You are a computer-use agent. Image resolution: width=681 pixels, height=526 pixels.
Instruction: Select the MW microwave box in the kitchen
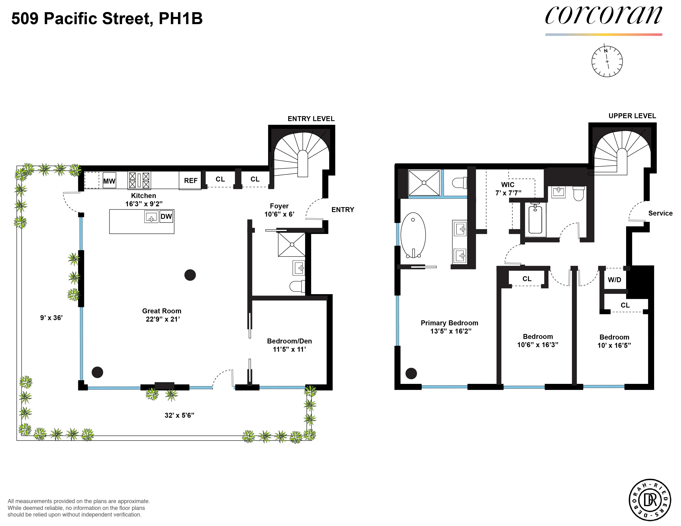tap(109, 181)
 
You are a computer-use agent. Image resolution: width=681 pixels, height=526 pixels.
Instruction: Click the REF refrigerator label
tap(190, 181)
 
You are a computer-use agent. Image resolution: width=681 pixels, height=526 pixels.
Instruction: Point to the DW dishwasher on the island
tap(166, 217)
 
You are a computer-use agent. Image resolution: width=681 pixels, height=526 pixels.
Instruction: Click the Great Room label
tap(162, 311)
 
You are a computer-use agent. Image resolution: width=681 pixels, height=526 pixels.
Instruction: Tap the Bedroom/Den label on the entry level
tap(289, 341)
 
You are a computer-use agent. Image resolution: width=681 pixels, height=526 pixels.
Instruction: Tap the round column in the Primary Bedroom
tap(411, 373)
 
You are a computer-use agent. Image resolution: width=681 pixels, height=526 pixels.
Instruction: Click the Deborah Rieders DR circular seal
tap(650, 500)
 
